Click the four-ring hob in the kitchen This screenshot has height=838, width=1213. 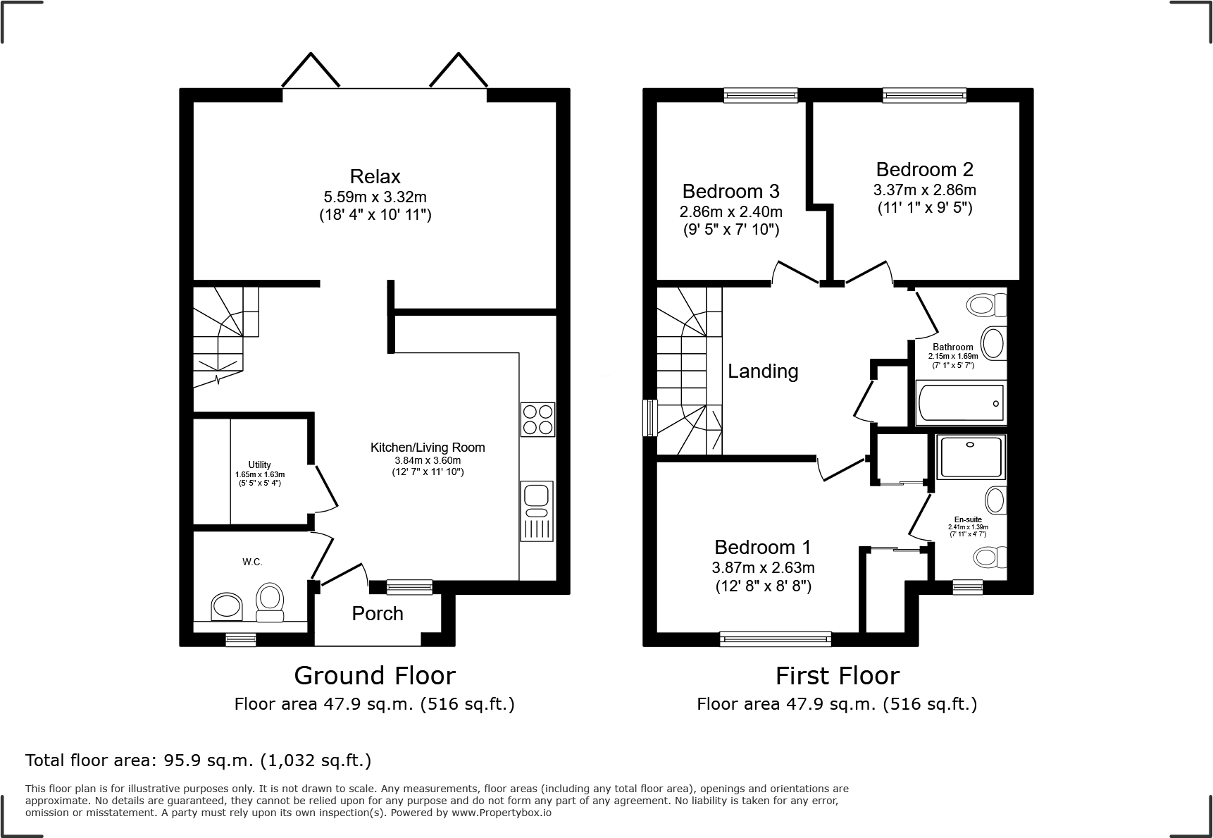click(x=537, y=419)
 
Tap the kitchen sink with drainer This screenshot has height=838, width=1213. click(x=537, y=510)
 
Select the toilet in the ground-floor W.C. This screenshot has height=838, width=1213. click(x=269, y=603)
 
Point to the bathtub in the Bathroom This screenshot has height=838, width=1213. click(x=961, y=403)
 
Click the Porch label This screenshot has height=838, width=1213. click(x=378, y=613)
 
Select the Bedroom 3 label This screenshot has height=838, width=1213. click(x=730, y=191)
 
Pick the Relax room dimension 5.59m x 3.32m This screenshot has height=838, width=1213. click(x=375, y=197)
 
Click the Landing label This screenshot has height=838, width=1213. click(x=763, y=371)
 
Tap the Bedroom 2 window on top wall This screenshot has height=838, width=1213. click(x=924, y=95)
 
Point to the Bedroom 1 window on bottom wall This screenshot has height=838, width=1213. click(x=776, y=639)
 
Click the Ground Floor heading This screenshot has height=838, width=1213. click(x=374, y=675)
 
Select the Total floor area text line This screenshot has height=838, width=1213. click(x=198, y=760)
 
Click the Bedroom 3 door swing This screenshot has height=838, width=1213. click(x=796, y=271)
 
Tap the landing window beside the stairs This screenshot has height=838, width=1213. click(x=650, y=419)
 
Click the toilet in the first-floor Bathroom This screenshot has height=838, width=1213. click(x=987, y=305)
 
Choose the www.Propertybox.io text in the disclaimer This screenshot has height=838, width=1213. click(x=502, y=813)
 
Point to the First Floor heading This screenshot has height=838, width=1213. click(x=837, y=675)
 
